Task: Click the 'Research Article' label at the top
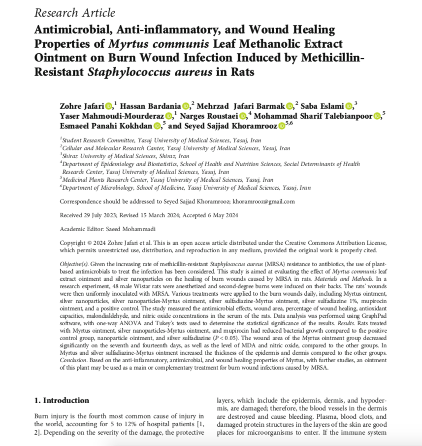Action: [x=75, y=13]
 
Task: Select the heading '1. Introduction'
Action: [x=62, y=400]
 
